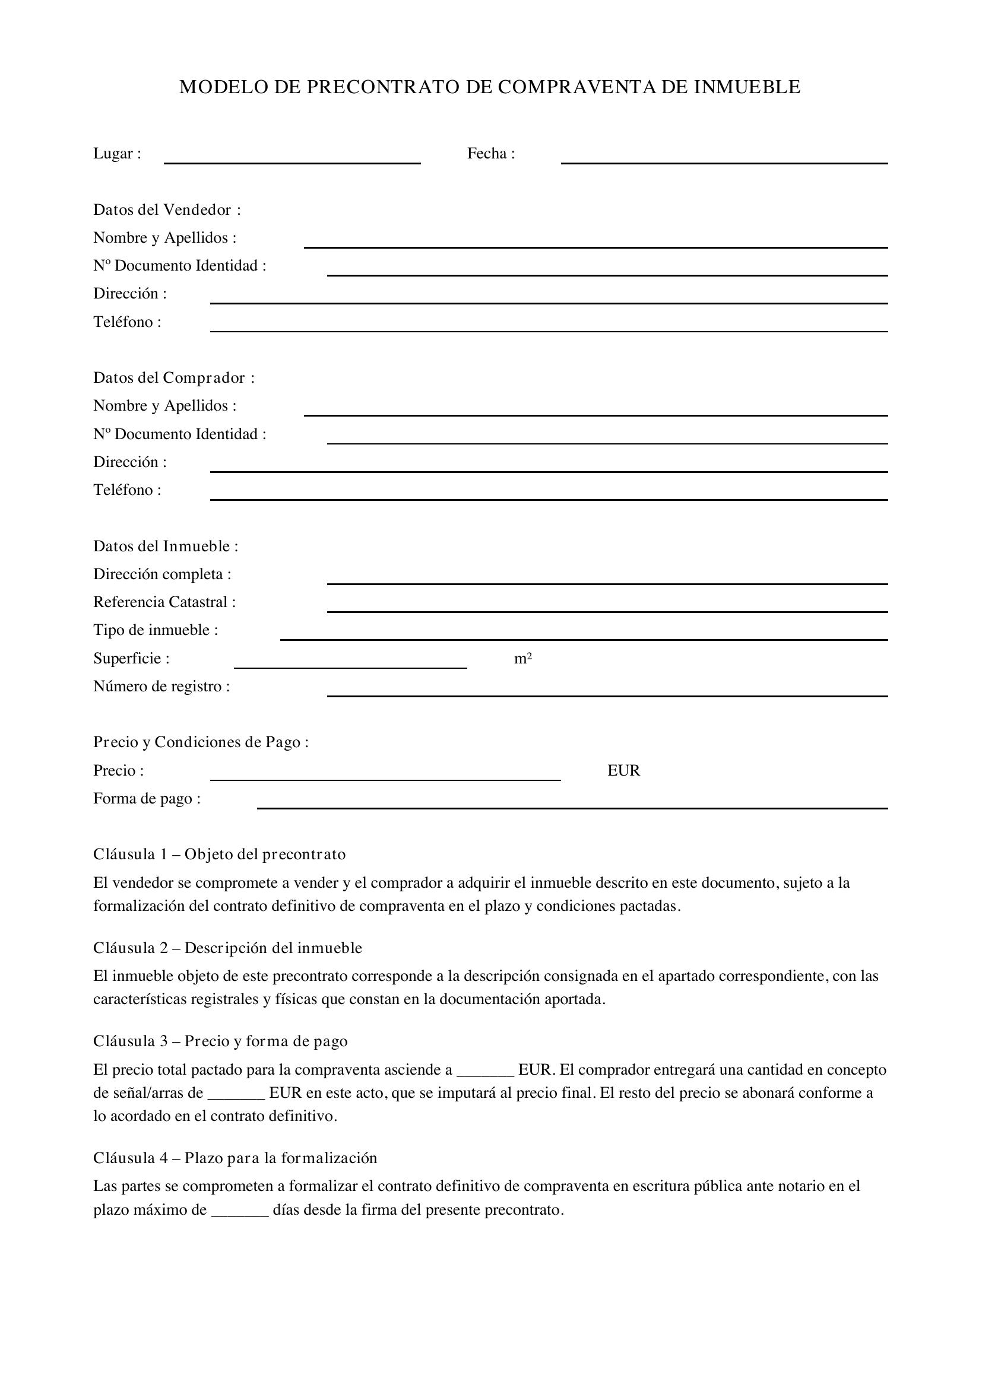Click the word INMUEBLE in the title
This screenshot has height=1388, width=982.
(x=747, y=87)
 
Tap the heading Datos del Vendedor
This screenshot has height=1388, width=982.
(x=167, y=209)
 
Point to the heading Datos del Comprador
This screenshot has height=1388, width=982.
(x=173, y=378)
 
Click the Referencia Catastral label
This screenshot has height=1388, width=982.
(x=164, y=602)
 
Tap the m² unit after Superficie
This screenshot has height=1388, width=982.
(x=523, y=658)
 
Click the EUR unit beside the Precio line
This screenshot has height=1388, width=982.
(x=623, y=771)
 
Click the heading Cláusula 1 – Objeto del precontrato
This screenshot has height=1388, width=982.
(x=220, y=854)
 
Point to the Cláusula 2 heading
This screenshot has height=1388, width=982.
(x=227, y=948)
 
